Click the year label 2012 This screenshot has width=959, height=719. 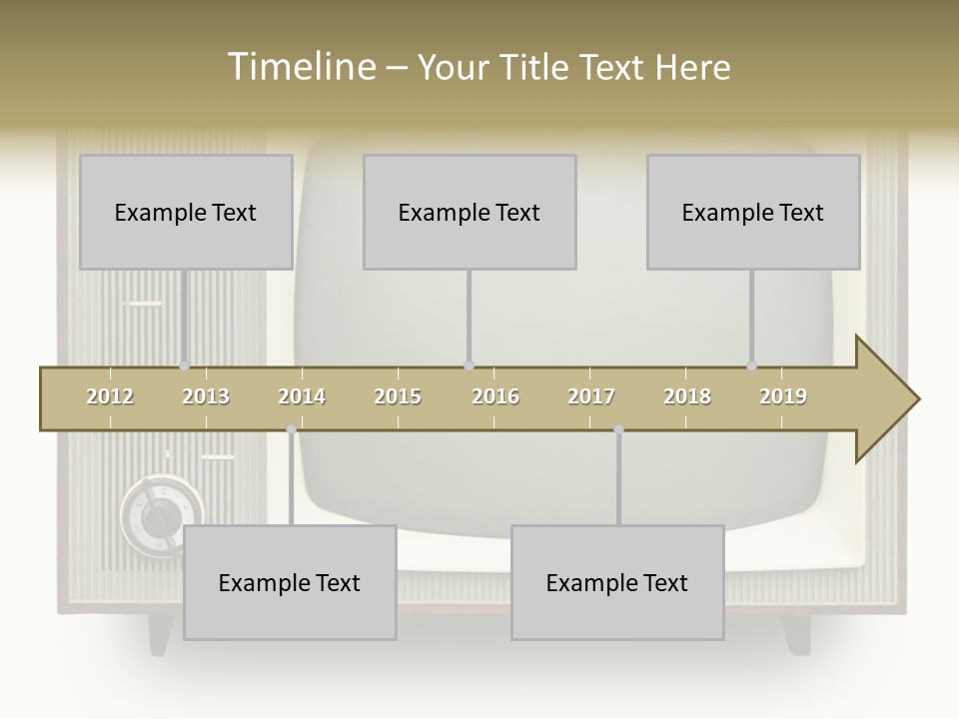pos(110,396)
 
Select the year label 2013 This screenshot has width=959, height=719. pos(206,396)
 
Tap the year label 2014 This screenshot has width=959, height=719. pos(302,396)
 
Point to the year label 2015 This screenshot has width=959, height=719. pos(398,396)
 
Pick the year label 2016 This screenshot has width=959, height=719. pos(495,396)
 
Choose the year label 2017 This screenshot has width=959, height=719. pos(591,396)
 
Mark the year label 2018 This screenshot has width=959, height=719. pos(687,396)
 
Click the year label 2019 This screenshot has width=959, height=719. pos(783,396)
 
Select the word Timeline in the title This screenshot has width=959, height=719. pos(300,67)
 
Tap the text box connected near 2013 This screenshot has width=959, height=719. pos(186,212)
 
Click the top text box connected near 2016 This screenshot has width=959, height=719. pos(470,212)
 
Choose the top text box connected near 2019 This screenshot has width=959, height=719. pos(753,212)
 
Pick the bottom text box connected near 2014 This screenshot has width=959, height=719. pos(290,582)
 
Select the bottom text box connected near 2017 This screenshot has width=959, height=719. pos(617,582)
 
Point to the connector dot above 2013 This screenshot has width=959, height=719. pos(184,366)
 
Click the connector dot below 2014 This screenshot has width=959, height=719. pos(291,429)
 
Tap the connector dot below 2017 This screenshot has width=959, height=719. pos(618,429)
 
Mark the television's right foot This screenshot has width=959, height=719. pos(795,634)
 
